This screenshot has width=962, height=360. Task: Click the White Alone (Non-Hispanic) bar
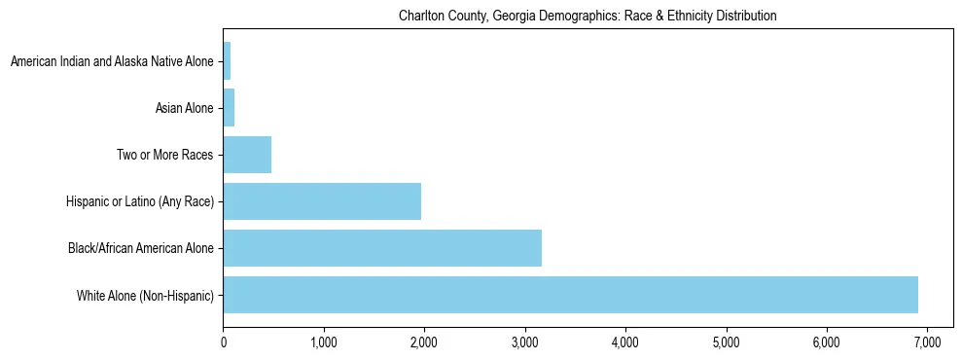coord(570,295)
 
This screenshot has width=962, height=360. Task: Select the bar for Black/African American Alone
coord(382,248)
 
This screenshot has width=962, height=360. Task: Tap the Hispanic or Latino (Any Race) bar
coord(322,201)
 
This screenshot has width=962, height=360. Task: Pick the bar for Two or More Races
coord(247,155)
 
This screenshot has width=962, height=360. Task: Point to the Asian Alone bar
coord(229,108)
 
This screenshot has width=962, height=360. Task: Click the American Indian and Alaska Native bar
coord(227,61)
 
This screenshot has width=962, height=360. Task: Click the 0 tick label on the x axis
coord(224,342)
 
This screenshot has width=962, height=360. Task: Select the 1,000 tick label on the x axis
coord(324,342)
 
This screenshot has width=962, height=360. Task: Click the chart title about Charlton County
coord(588,17)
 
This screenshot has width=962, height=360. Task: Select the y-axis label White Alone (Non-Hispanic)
coord(145,295)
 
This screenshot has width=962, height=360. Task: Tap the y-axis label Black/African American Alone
coord(141,248)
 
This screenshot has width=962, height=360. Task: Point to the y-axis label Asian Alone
coord(185,108)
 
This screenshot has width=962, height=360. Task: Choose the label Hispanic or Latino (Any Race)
coord(140,201)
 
